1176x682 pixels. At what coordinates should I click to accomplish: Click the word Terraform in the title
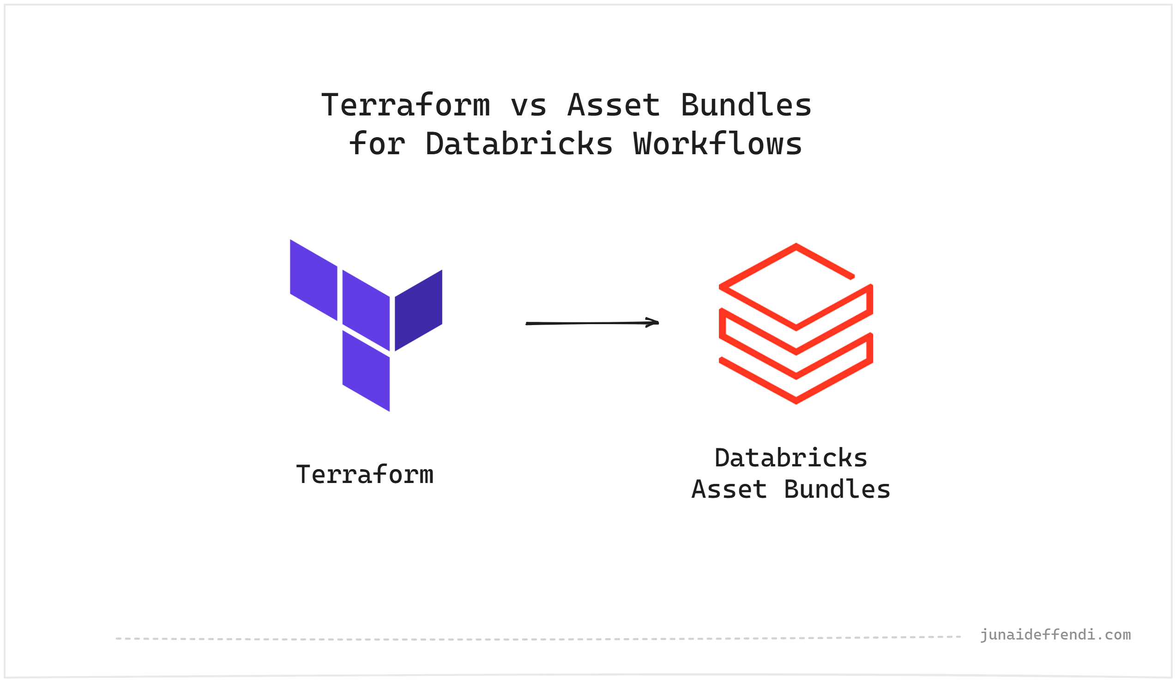[405, 105]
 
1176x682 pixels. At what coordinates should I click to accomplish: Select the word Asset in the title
[614, 105]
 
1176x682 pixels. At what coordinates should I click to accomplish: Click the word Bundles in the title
[746, 105]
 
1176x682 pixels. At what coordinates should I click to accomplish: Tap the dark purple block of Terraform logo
[418, 310]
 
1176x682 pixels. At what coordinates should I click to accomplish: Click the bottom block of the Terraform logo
[366, 371]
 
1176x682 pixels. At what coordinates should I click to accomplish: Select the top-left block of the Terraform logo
[314, 280]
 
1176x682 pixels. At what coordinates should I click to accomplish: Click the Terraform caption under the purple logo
[365, 475]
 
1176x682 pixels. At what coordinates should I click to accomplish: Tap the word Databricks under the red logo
[791, 458]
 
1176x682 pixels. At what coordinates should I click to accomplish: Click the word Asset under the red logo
[729, 489]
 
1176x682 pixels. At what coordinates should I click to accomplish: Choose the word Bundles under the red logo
[837, 489]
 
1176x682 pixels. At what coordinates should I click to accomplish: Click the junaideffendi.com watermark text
[1055, 635]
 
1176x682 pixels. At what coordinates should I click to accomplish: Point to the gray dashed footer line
[537, 638]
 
